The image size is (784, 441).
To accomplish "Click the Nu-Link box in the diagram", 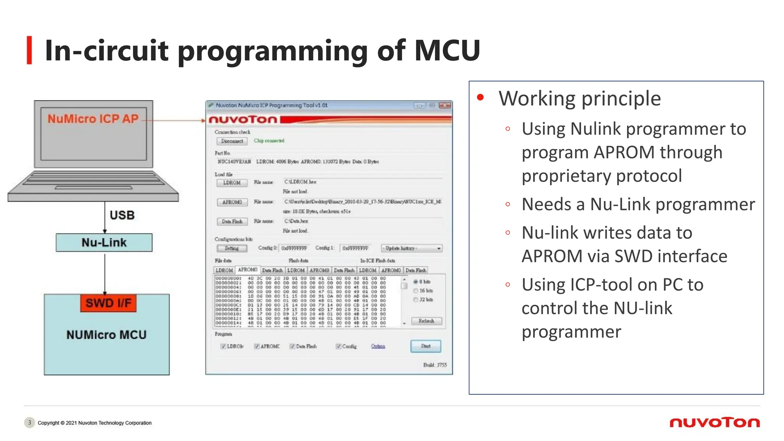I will [x=104, y=242].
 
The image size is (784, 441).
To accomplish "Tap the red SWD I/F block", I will [x=108, y=303].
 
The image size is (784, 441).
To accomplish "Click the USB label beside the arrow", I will [x=122, y=215].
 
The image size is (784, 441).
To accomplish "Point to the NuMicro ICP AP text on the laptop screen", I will [x=93, y=119].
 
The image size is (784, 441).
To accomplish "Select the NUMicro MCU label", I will [x=106, y=335].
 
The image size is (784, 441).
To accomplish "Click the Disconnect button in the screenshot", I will [x=232, y=141].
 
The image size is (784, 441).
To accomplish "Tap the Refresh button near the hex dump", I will [x=426, y=321].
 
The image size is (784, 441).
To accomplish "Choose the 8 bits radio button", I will [x=416, y=282].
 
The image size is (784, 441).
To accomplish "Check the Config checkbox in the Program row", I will [x=338, y=346].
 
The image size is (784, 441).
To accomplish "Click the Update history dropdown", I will [x=412, y=248].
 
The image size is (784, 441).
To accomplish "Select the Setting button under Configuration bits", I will [x=232, y=248].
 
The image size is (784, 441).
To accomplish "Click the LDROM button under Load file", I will [x=232, y=183].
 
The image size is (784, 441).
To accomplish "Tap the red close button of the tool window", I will [x=445, y=105].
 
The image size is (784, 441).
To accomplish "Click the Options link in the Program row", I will [x=378, y=346].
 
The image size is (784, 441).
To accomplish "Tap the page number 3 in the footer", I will [x=29, y=423].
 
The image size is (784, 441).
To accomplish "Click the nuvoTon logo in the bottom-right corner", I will [x=714, y=423].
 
